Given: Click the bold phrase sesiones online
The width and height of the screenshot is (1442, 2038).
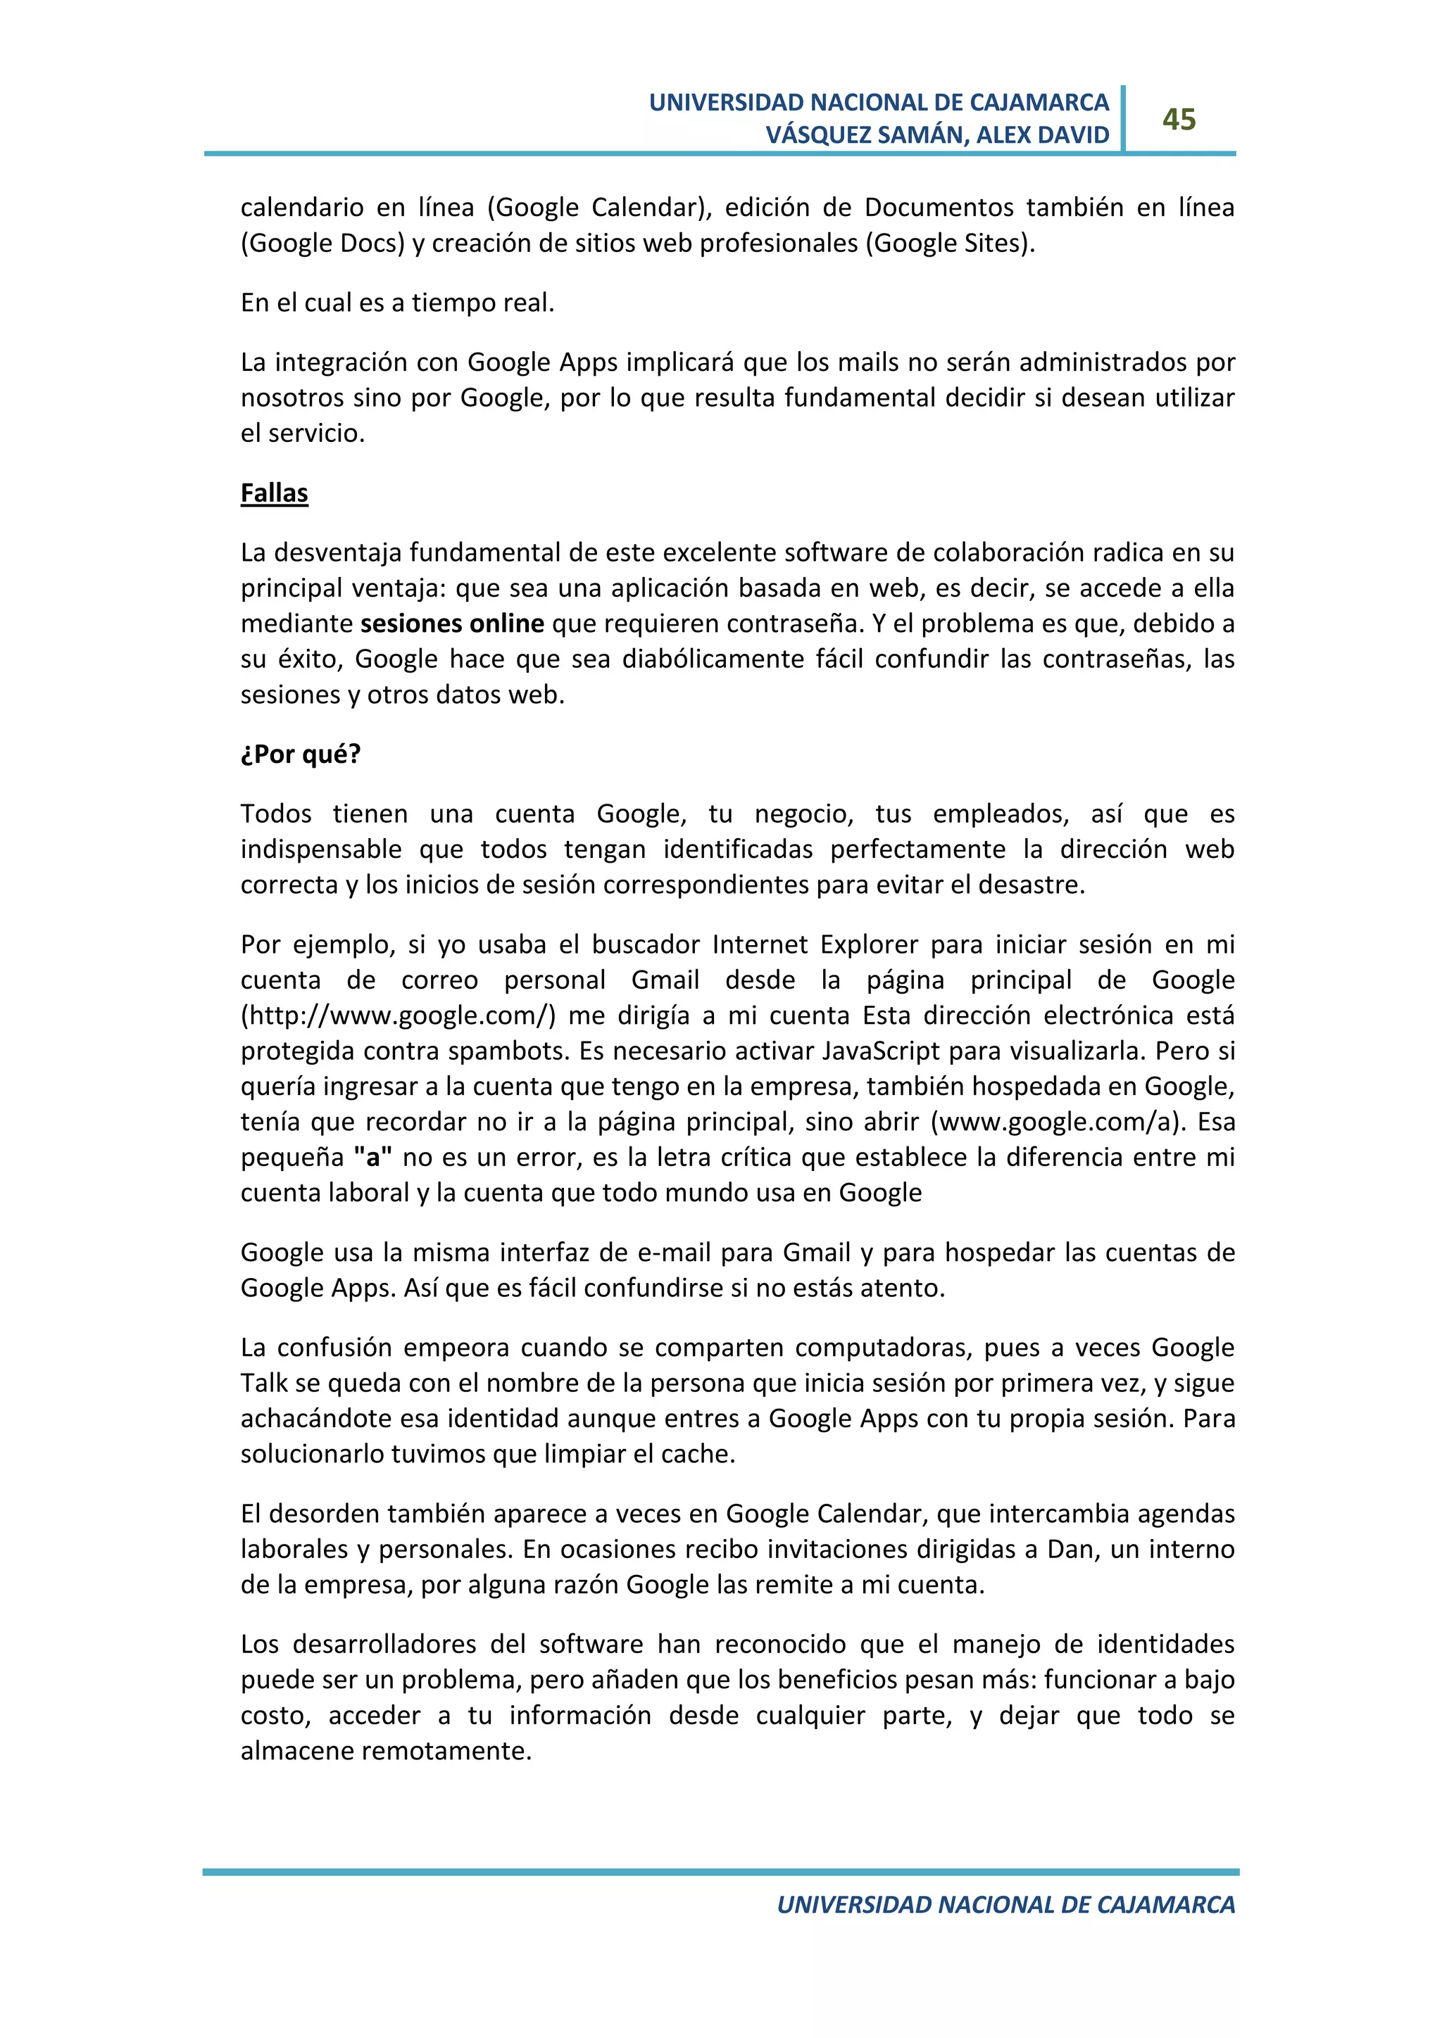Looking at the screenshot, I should pos(452,624).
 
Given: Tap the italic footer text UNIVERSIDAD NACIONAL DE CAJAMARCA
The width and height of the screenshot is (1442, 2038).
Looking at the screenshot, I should pos(1005,1905).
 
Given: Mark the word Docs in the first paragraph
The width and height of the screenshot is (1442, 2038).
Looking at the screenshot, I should pos(371,243).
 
